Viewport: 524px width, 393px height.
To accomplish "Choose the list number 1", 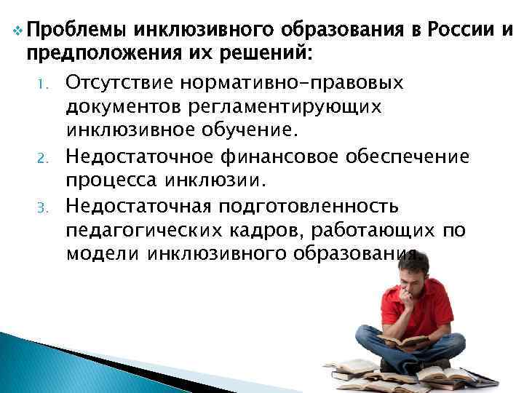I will [41, 85].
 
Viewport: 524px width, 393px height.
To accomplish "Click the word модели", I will [103, 255].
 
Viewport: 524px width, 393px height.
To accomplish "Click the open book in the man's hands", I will [405, 341].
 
